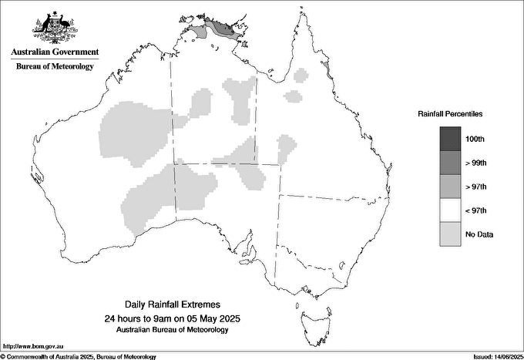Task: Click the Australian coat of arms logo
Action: click(54, 26)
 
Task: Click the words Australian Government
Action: click(54, 52)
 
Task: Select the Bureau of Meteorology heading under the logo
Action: click(54, 66)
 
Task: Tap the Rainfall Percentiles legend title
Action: click(450, 113)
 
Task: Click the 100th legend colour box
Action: click(451, 139)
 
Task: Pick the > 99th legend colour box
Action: click(451, 163)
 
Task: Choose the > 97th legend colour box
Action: click(451, 187)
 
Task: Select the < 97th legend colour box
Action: click(451, 210)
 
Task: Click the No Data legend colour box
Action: click(451, 234)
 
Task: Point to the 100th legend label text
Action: click(476, 140)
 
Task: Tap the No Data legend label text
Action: click(479, 234)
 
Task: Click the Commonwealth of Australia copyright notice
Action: click(79, 356)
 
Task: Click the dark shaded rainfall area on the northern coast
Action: click(224, 29)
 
